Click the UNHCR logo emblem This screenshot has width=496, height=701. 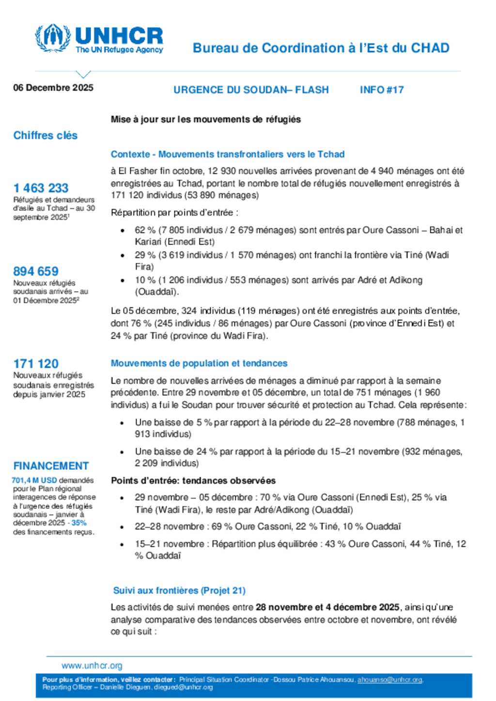click(52, 38)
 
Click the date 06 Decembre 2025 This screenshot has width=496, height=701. click(53, 88)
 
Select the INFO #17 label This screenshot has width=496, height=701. click(382, 89)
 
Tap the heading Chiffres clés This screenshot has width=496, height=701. click(46, 135)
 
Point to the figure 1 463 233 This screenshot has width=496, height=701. click(41, 188)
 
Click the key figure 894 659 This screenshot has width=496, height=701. click(36, 271)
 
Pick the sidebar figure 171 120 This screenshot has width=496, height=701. click(36, 363)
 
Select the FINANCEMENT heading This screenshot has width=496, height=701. click(51, 466)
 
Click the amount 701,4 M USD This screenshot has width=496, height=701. click(34, 480)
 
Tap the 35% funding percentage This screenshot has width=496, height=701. click(79, 523)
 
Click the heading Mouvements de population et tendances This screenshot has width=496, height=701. click(199, 363)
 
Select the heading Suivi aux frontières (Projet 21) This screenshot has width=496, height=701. click(179, 590)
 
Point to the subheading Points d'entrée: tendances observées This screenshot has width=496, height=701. click(193, 480)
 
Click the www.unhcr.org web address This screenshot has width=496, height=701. click(92, 666)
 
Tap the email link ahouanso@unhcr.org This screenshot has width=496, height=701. click(390, 680)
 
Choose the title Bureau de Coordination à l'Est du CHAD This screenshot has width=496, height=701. click(321, 48)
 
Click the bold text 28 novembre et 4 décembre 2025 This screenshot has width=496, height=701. click(327, 607)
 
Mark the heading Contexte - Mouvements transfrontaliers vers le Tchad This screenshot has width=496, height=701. click(228, 154)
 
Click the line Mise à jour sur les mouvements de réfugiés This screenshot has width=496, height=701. click(206, 119)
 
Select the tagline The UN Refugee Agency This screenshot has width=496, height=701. click(119, 50)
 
